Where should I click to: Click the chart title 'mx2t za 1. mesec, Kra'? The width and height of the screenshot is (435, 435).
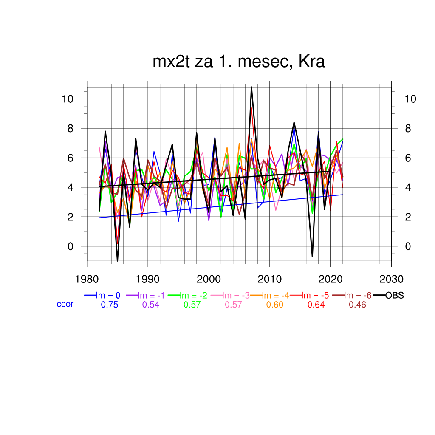(x=239, y=62)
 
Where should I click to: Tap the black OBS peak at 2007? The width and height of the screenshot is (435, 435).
(x=251, y=87)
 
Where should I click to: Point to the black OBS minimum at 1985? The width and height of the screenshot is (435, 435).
(x=117, y=260)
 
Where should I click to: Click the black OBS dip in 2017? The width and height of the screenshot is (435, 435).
(x=312, y=257)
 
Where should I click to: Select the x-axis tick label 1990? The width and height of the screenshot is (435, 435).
(x=148, y=280)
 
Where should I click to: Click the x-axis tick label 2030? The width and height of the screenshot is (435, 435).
(x=391, y=280)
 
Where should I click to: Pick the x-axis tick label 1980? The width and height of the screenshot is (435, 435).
(x=87, y=280)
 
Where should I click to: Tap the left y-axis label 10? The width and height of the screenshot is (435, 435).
(x=68, y=99)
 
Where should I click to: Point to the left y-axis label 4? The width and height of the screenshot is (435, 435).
(x=71, y=187)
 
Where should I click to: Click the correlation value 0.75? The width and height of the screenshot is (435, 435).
(x=109, y=305)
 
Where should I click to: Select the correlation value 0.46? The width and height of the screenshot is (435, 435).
(x=357, y=305)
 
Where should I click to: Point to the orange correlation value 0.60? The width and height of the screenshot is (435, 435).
(x=275, y=305)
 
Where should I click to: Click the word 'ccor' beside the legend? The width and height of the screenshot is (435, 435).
(x=65, y=304)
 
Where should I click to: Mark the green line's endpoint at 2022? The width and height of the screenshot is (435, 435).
(x=343, y=139)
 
